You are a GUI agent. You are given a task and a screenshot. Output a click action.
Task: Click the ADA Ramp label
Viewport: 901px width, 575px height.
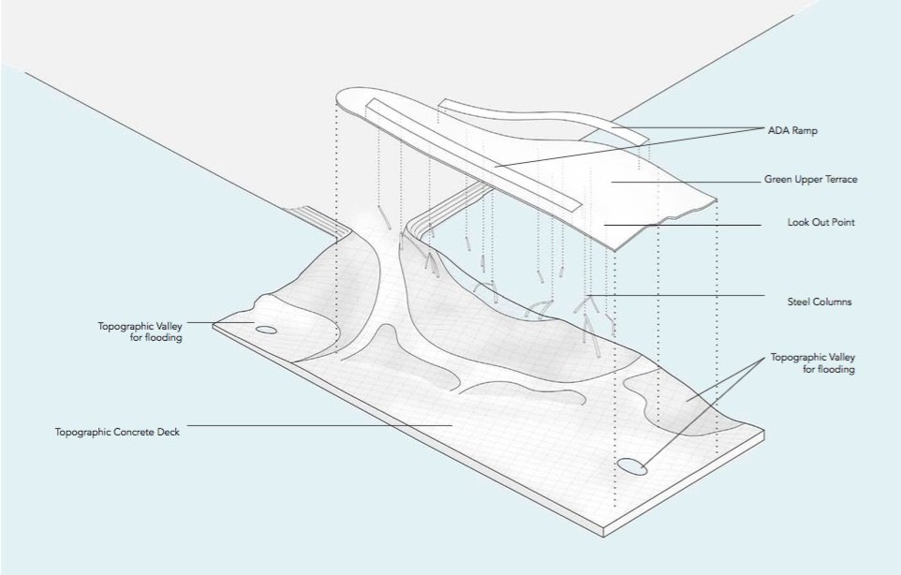[x=792, y=130]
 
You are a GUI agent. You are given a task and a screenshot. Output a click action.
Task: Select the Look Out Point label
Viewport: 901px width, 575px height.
[x=821, y=222]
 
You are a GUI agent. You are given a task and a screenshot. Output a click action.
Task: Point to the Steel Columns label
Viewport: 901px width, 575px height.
[x=820, y=302]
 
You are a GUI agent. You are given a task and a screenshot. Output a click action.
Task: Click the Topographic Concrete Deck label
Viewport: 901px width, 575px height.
[x=117, y=432]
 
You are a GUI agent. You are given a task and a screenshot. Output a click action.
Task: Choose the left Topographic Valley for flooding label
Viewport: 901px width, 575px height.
[x=140, y=332]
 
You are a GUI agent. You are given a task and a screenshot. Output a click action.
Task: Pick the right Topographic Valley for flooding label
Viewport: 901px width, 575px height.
[x=813, y=363]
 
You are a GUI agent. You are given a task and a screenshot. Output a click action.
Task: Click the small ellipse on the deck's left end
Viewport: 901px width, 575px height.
[x=265, y=330]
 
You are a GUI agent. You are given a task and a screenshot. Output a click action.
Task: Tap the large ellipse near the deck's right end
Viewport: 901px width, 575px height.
[x=631, y=466]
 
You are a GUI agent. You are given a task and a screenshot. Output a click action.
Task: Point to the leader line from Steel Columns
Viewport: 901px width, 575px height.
[x=677, y=295]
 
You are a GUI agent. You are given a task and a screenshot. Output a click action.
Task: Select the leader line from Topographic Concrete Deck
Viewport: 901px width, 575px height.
[x=320, y=426]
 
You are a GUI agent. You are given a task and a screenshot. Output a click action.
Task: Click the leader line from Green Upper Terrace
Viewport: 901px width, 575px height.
[x=686, y=182]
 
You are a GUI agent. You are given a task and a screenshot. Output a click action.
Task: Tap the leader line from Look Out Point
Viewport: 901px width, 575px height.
[x=683, y=225]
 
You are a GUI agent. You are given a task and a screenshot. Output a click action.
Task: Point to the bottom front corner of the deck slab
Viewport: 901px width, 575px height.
[x=603, y=538]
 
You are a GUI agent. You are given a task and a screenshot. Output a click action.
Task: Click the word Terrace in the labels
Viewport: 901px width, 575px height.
[x=841, y=179]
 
